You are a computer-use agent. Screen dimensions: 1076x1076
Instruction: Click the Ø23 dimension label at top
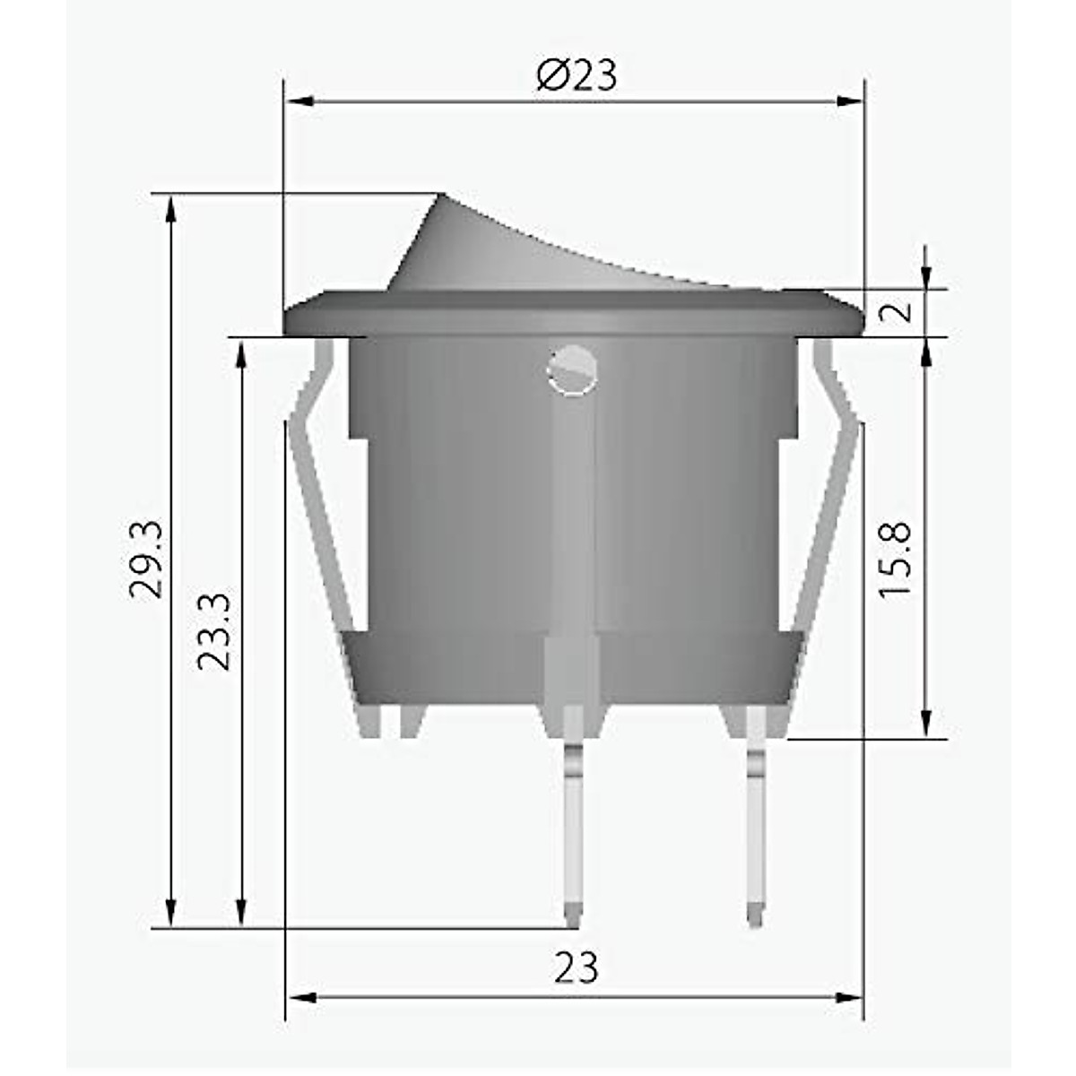click(x=577, y=76)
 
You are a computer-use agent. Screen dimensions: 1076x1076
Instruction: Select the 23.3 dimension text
click(x=216, y=630)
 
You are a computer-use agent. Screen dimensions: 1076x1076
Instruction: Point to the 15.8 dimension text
click(x=895, y=560)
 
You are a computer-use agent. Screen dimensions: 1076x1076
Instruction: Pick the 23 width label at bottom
click(x=576, y=968)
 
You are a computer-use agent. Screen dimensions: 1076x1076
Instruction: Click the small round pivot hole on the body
click(x=571, y=370)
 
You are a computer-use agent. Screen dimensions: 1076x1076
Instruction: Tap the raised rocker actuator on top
click(x=502, y=251)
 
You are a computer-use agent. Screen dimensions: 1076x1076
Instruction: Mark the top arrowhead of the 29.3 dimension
click(x=170, y=208)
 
